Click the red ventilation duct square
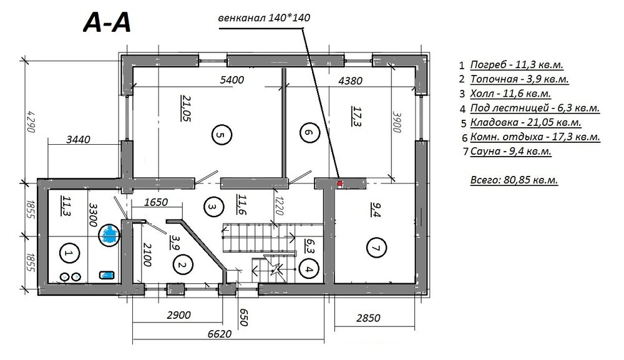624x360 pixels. pos(340,183)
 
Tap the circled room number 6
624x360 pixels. pos(310,132)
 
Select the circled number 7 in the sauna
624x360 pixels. pos(376,248)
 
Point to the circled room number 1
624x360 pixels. pos(69,253)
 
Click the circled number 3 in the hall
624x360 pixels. pos(213,207)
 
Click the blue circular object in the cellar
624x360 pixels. pos(109,235)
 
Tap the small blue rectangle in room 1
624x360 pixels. pos(107,275)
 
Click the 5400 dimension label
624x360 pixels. pos(232,80)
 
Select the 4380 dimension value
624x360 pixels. pos(350,80)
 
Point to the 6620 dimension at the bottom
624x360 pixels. pos(219,333)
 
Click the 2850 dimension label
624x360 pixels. pos(368,318)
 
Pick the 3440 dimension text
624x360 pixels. pos(78,140)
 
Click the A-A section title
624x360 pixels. pos(107,22)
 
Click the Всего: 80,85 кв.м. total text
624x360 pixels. pos(514,180)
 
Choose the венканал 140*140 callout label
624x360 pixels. pos(264,18)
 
